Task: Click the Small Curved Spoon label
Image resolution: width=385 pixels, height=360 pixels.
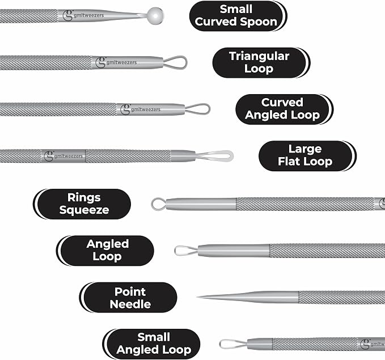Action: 238,16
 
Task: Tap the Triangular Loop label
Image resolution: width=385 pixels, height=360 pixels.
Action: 261,62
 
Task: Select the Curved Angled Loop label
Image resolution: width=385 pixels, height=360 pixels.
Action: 284,109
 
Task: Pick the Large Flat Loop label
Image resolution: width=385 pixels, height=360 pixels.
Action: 307,156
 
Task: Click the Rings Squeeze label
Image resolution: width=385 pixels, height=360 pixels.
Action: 82,204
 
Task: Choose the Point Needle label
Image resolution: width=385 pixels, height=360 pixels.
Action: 128,298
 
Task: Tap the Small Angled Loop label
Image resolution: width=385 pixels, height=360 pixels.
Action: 151,344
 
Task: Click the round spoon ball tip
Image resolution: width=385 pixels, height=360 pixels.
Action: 156,16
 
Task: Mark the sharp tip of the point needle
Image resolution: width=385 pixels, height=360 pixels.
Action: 197,297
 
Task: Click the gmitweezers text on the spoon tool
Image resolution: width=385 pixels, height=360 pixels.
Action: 88,15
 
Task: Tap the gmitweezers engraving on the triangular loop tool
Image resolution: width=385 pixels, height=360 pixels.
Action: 121,62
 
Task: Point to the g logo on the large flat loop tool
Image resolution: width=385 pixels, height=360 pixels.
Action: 49,156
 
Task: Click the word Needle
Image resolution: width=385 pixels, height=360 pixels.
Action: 130,304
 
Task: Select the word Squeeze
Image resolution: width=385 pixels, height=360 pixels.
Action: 84,210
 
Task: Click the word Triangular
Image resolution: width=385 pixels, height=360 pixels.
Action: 259,56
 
